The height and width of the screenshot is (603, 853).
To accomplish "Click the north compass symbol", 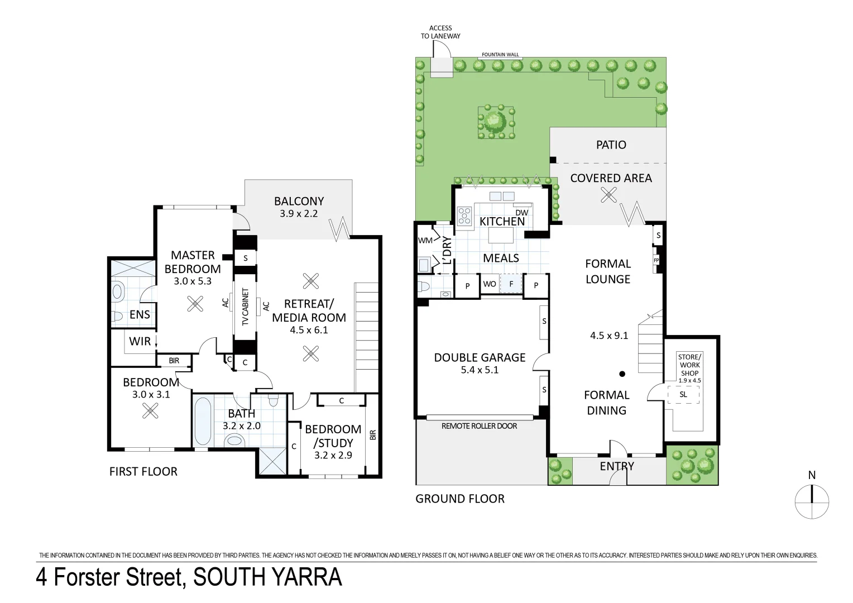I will pos(812,501).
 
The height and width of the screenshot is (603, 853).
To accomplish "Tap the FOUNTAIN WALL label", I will pos(500,55).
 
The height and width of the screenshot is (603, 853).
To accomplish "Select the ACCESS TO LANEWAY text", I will pos(440,32).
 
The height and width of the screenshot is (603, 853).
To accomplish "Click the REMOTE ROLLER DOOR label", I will pos(479,426).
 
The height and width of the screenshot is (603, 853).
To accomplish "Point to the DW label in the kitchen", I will pos(521,213).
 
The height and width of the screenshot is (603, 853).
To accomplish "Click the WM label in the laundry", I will pos(425,241).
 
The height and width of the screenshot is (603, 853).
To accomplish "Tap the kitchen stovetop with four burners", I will pos(464,216).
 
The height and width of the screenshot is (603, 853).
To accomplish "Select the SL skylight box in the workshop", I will pos(683,394).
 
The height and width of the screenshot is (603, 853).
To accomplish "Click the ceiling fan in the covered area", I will pos(608,195).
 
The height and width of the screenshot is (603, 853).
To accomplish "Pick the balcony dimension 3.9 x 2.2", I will pos(299,214).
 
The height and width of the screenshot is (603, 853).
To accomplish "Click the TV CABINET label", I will pos(245,307).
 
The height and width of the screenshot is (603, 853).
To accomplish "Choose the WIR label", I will pos(140,341).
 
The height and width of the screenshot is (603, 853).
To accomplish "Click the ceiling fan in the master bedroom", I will pos(195,303).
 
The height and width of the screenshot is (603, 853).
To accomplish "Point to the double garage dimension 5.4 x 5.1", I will pos(480,370).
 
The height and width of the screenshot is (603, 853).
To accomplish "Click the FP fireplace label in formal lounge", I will pos(656,260).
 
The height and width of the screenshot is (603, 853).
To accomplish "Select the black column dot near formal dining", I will pos(622,374).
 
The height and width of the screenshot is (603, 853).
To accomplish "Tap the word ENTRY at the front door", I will pos(617,466).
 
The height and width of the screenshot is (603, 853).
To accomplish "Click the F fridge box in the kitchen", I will pos(511,284).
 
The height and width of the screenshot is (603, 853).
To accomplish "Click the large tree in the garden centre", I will pos(495,121).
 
